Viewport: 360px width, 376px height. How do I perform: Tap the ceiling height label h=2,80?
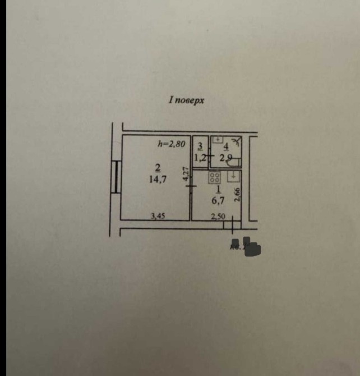pos(171,144)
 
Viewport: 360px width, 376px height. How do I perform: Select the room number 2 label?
pos(158,167)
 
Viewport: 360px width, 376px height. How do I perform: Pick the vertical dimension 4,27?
pos(186,173)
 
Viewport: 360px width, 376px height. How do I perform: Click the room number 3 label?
pos(200,146)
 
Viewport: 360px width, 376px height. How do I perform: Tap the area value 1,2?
pos(199,158)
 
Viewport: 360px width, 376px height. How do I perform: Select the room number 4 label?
pos(225,147)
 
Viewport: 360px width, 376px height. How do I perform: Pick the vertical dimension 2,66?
pos(238,195)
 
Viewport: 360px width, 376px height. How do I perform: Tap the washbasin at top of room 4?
pos(219,139)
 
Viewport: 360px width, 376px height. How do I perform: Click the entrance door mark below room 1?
pos(232,225)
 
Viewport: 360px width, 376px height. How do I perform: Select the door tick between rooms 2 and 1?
pos(191,185)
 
